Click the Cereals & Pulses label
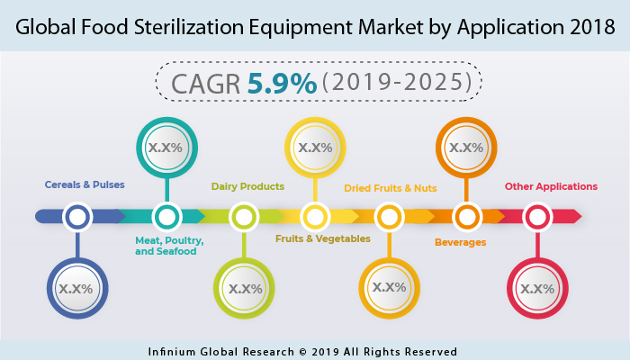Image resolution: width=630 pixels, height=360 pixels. [x=84, y=184]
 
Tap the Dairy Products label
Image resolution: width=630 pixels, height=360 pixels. [x=247, y=187]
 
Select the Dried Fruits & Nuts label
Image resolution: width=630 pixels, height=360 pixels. [x=390, y=188]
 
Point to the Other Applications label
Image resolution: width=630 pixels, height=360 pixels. [x=551, y=187]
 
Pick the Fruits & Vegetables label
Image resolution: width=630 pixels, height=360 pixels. [x=322, y=238]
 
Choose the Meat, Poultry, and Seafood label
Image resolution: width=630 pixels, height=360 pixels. [x=169, y=246]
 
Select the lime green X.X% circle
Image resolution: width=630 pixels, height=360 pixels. [x=244, y=289]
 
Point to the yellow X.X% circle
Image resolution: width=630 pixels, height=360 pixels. [x=314, y=147]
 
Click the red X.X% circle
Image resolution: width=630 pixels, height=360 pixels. [x=537, y=288]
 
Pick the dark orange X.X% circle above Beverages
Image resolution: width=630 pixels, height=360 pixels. [x=465, y=147]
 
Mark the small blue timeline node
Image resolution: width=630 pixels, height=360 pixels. [x=77, y=217]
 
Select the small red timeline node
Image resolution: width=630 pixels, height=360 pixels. [x=537, y=217]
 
